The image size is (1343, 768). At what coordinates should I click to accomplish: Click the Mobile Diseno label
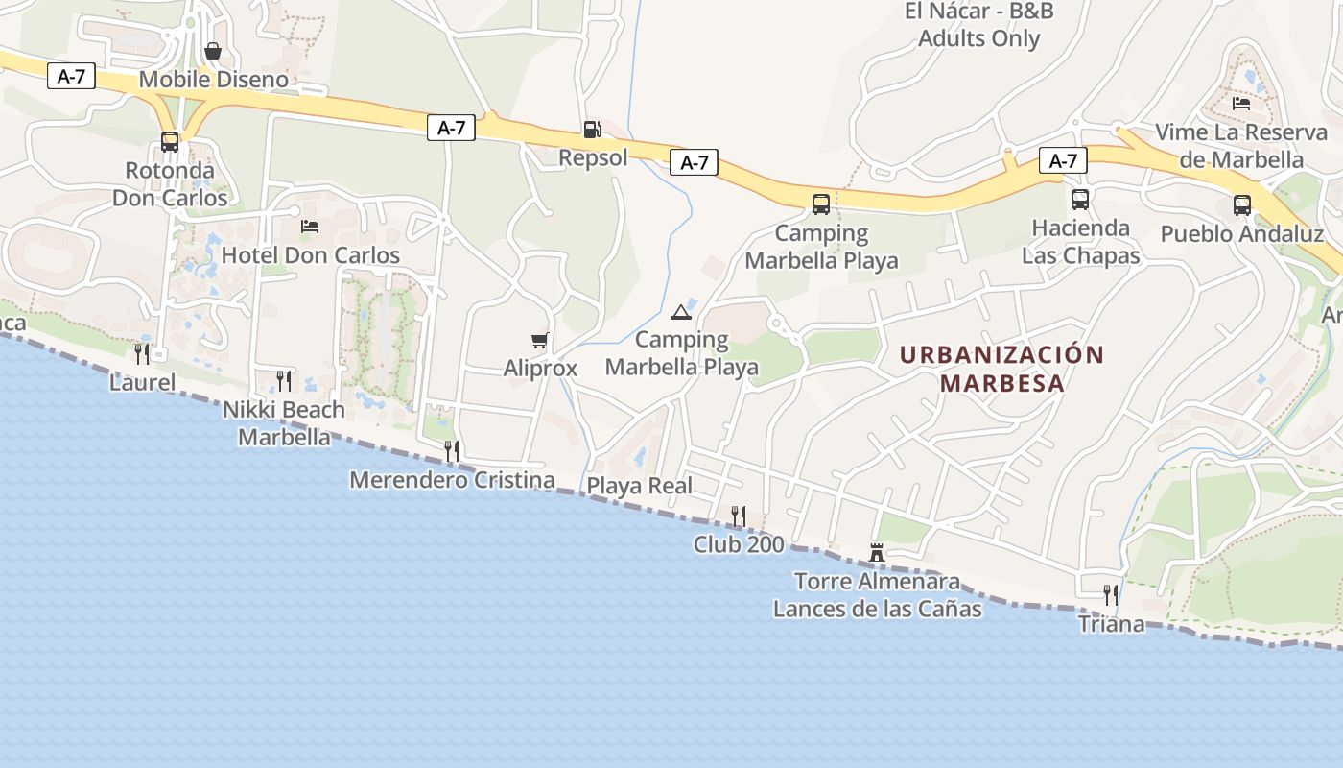pos(213,80)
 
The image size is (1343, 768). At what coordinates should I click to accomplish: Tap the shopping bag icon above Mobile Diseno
pos(213,51)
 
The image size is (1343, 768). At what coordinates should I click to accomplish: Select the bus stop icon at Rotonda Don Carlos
pos(170,142)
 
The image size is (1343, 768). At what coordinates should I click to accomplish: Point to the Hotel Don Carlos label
pos(310,255)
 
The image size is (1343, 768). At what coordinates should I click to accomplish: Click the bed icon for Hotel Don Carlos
pos(310,227)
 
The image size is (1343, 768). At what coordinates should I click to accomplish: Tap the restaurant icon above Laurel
pos(142,353)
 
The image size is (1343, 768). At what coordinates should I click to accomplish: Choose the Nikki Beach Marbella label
pos(284,423)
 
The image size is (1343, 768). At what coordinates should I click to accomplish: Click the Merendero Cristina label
pos(452,480)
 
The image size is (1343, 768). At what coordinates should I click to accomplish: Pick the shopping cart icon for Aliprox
pos(540,340)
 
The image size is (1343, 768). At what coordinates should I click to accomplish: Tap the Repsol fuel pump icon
pos(592,130)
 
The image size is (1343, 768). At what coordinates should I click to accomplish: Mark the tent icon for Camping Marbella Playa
pos(681,311)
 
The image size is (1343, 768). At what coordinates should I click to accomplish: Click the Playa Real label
pos(639,486)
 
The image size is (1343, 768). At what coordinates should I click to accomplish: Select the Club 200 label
pos(739,544)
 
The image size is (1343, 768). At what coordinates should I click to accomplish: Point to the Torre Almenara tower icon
pos(876,553)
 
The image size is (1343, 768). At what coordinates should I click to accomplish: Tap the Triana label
pos(1111,624)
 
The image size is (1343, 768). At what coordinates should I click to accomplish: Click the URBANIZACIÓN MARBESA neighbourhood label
pos(1002,369)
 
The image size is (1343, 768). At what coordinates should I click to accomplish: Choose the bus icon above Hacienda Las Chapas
pos(1080,200)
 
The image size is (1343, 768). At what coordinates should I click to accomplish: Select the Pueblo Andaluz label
pos(1241,234)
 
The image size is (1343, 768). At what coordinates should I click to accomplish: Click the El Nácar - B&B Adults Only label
pos(978,25)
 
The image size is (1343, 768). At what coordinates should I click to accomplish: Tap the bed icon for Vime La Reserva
pos(1241,103)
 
